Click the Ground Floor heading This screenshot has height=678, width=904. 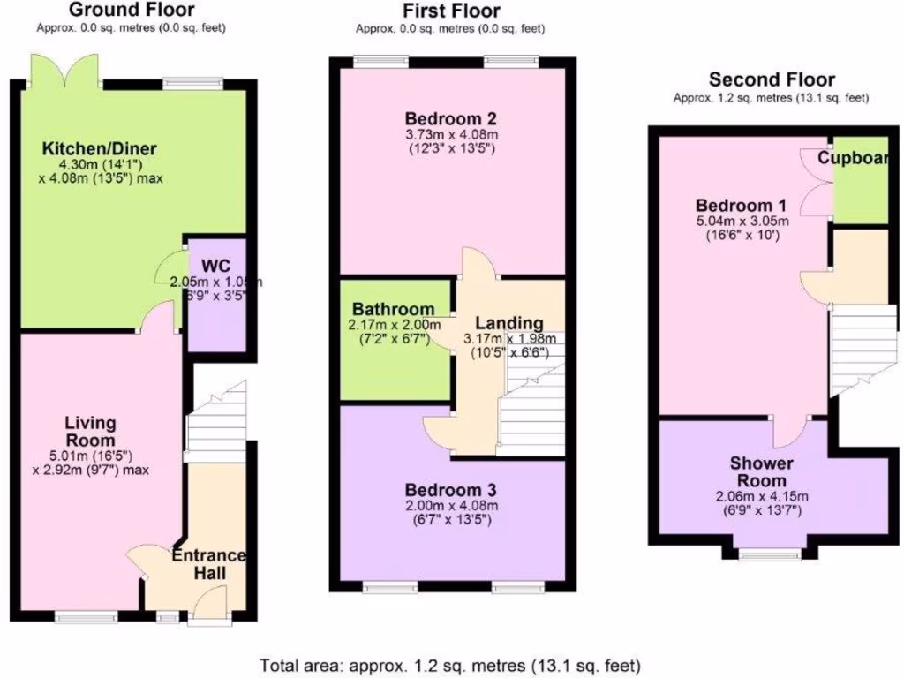click(132, 11)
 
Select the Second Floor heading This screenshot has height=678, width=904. click(772, 79)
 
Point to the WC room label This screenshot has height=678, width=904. click(215, 266)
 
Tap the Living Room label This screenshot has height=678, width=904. click(90, 432)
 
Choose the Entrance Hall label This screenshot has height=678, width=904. click(208, 564)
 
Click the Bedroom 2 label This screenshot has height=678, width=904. click(451, 118)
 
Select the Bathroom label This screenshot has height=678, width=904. click(394, 309)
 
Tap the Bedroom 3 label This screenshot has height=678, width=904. click(451, 489)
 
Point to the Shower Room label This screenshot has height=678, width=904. click(761, 471)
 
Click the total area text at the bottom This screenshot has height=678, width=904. click(450, 664)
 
